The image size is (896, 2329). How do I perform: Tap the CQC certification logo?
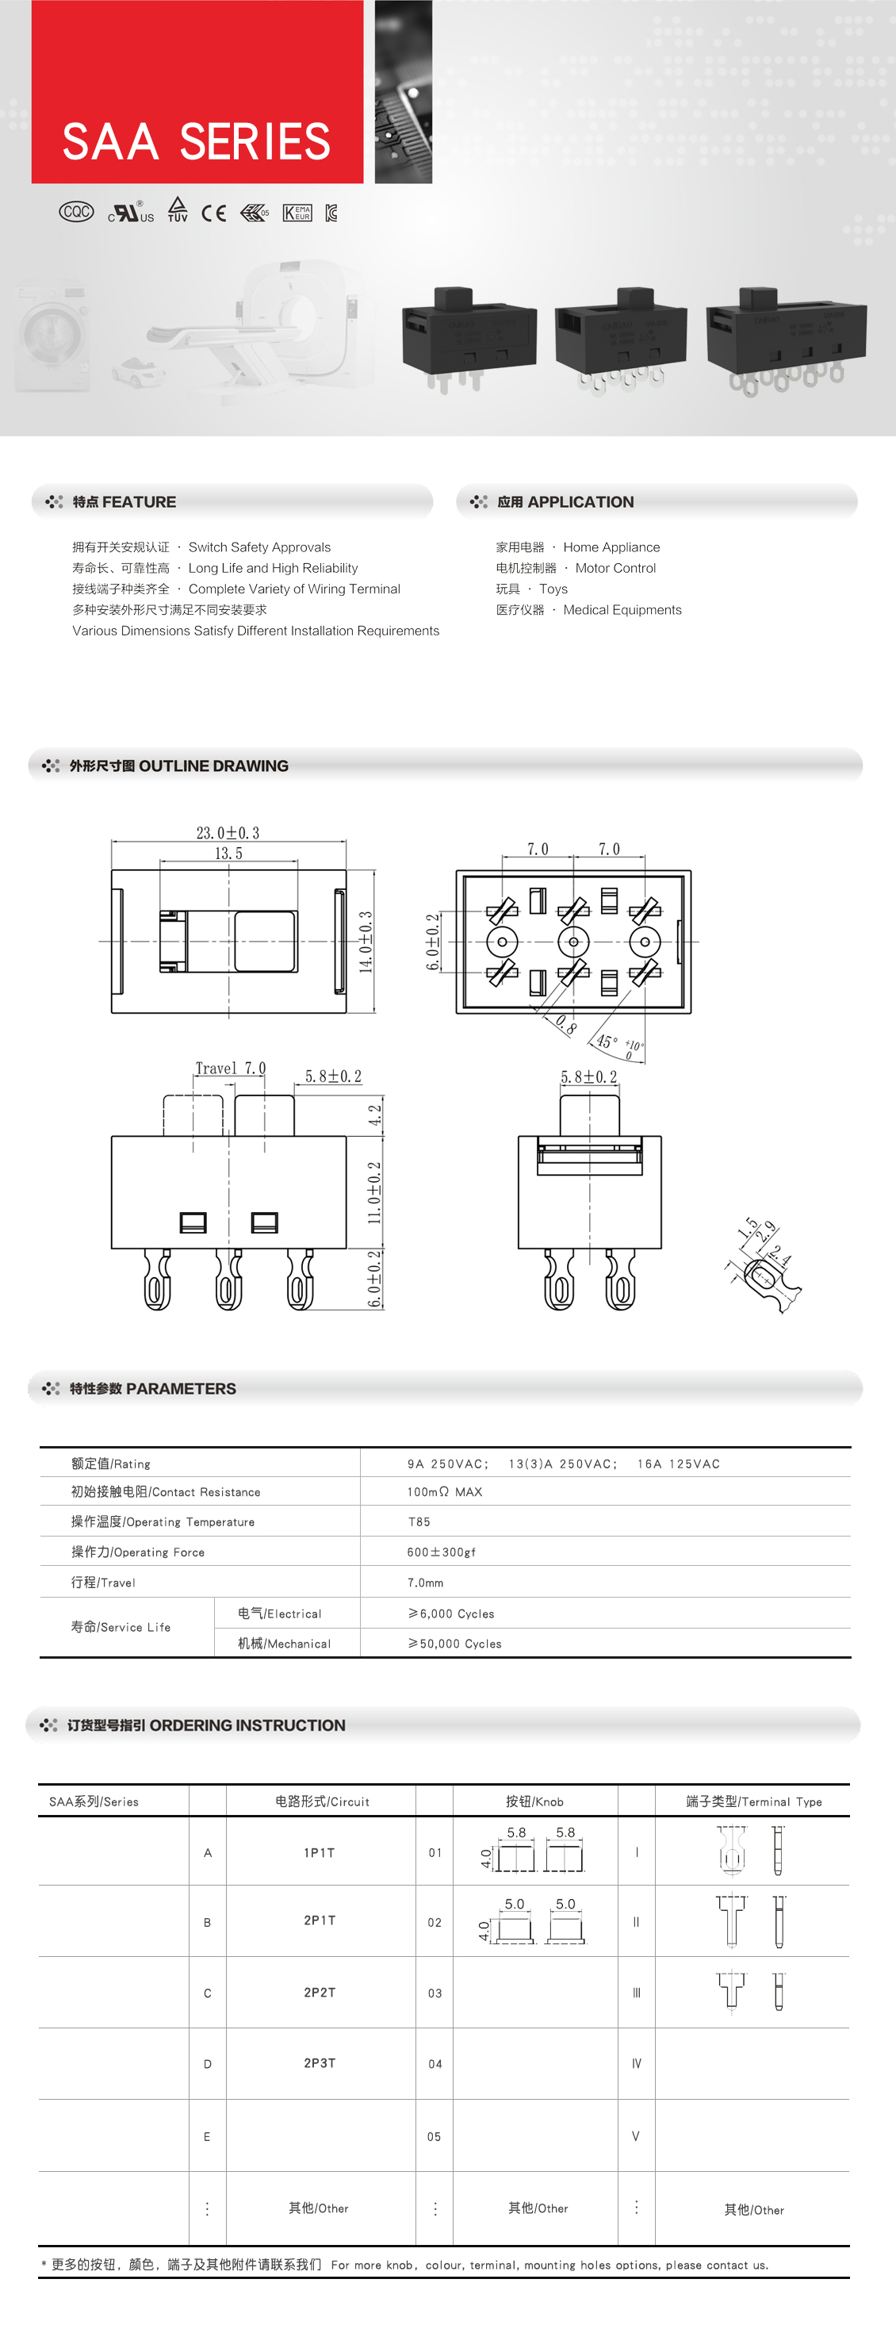pyautogui.click(x=76, y=212)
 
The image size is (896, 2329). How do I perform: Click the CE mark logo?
pyautogui.click(x=213, y=213)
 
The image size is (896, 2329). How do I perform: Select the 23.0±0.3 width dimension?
pyautogui.click(x=228, y=833)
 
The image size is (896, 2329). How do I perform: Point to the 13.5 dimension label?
pyautogui.click(x=228, y=854)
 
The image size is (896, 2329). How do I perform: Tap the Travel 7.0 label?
pyautogui.click(x=231, y=1069)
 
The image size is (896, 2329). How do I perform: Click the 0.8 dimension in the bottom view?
pyautogui.click(x=566, y=1024)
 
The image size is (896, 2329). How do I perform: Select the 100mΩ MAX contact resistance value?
pyautogui.click(x=444, y=1492)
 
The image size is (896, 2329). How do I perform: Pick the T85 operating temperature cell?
pyautogui.click(x=419, y=1521)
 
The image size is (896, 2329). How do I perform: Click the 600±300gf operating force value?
pyautogui.click(x=440, y=1552)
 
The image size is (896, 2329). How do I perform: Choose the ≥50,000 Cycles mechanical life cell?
pyautogui.click(x=455, y=1644)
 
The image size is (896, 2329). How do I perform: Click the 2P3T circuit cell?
pyautogui.click(x=320, y=2063)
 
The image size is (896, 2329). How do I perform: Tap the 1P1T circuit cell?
pyautogui.click(x=320, y=1852)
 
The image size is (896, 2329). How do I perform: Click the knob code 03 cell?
pyautogui.click(x=435, y=1993)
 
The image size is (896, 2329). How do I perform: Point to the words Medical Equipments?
pyautogui.click(x=622, y=610)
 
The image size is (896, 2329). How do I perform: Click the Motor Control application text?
pyautogui.click(x=615, y=569)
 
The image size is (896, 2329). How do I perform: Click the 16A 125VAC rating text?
pyautogui.click(x=678, y=1464)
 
